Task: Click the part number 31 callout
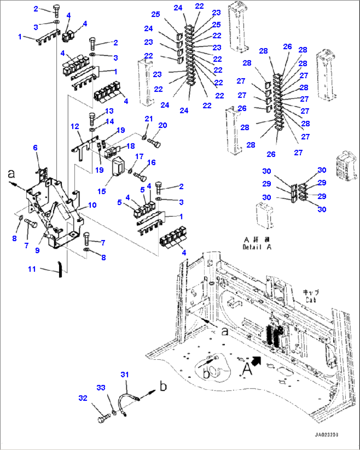pos(125,374)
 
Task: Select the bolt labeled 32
pos(102,419)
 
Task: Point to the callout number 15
pos(101,191)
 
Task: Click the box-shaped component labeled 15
pos(118,167)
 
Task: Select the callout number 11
pos(32,269)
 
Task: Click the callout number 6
pos(35,148)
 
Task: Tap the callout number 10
pos(92,205)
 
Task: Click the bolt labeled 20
pos(155,144)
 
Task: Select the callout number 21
pos(149,119)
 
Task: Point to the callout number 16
pos(151,162)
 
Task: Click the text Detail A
pos(257,247)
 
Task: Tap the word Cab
pos(311,300)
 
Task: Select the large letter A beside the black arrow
pos(247,369)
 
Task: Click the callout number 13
pos(109,111)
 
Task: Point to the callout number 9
pos(37,250)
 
